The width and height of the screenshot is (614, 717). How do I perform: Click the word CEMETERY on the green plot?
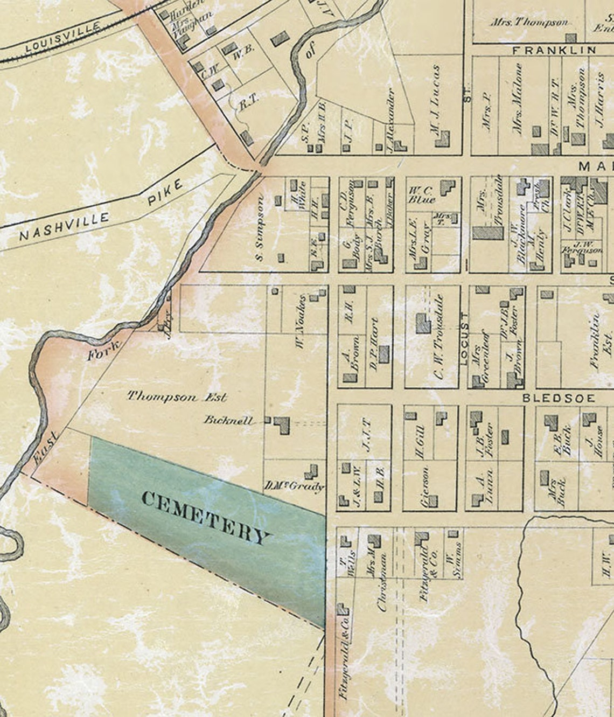coord(205,518)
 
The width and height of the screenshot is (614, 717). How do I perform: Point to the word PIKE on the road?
coord(165,193)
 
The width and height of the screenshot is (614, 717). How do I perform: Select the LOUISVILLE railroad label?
coord(63,37)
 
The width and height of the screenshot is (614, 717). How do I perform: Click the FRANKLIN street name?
coord(554,50)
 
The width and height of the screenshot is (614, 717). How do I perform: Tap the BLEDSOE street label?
coord(559,398)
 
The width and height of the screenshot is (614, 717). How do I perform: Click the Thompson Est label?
coord(177,397)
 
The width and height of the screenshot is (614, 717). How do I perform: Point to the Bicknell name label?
coord(228,420)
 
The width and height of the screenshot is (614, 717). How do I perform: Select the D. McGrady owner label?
coord(294,487)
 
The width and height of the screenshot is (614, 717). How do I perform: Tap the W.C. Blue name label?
coord(422,195)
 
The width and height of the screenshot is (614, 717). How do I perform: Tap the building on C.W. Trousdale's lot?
coord(423,323)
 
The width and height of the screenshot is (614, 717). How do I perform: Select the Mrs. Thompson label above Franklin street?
coord(529,22)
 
